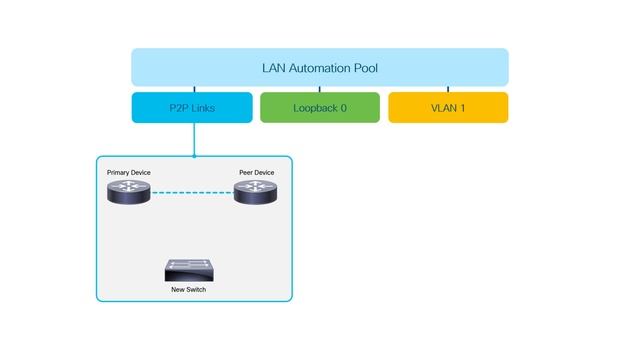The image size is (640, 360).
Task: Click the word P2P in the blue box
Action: pyautogui.click(x=175, y=108)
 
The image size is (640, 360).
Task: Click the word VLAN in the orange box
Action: pyautogui.click(x=440, y=108)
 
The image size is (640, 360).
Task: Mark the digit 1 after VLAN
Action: pyautogui.click(x=463, y=108)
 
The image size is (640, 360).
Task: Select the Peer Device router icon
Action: pyautogui.click(x=255, y=192)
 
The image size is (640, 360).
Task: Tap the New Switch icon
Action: pyautogui.click(x=189, y=269)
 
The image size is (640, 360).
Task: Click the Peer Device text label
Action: pyautogui.click(x=256, y=172)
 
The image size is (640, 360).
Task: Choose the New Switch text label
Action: pyautogui.click(x=189, y=289)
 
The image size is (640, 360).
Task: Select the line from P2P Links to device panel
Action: pyautogui.click(x=192, y=139)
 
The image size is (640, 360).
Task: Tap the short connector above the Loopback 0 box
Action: pyautogui.click(x=320, y=89)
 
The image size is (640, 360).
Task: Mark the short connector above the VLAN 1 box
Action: pyautogui.click(x=448, y=89)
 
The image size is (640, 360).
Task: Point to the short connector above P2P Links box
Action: pyautogui.click(x=192, y=89)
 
